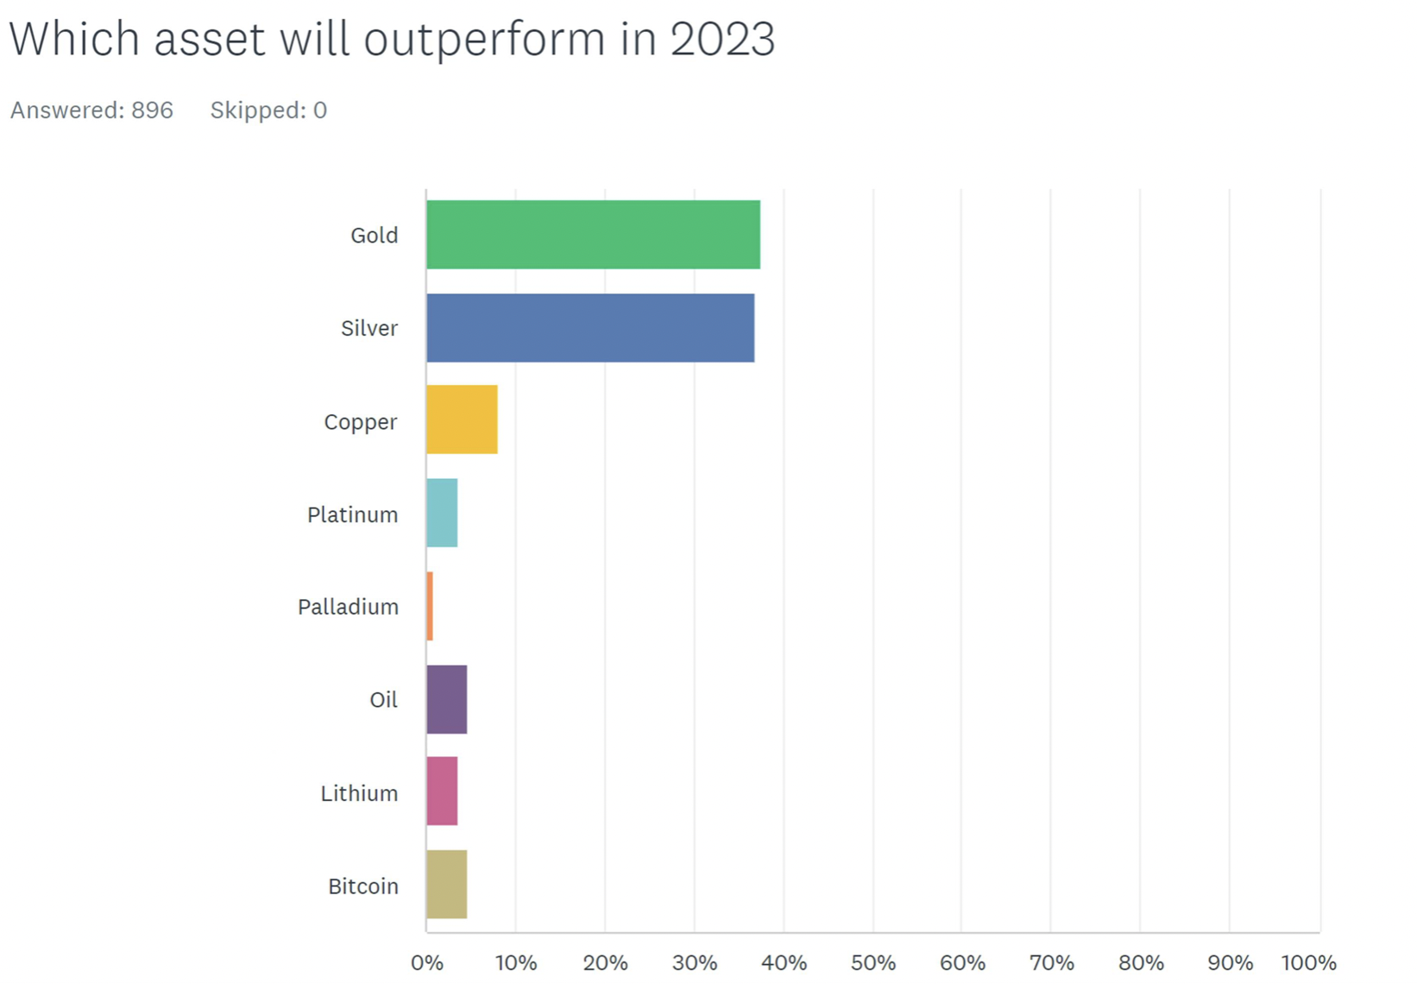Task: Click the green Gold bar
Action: pos(593,235)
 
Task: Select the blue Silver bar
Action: pos(590,328)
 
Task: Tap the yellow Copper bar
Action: pos(462,419)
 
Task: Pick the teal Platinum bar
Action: pos(442,513)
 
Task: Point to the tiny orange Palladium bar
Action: pos(430,606)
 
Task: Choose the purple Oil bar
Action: pos(447,699)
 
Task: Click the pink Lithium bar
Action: pos(442,792)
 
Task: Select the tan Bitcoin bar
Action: pos(447,885)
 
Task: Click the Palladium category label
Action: pos(348,607)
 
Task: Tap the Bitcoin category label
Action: pos(362,886)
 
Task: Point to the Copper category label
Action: pos(360,422)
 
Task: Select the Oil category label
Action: pos(383,700)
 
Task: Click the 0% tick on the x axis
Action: pos(427,962)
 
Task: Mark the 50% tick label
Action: pos(873,962)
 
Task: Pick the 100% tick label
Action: pos(1308,962)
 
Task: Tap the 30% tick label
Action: pos(695,962)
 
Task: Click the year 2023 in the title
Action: pos(722,40)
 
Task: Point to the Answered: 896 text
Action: pos(91,110)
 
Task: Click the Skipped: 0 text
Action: pos(268,110)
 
